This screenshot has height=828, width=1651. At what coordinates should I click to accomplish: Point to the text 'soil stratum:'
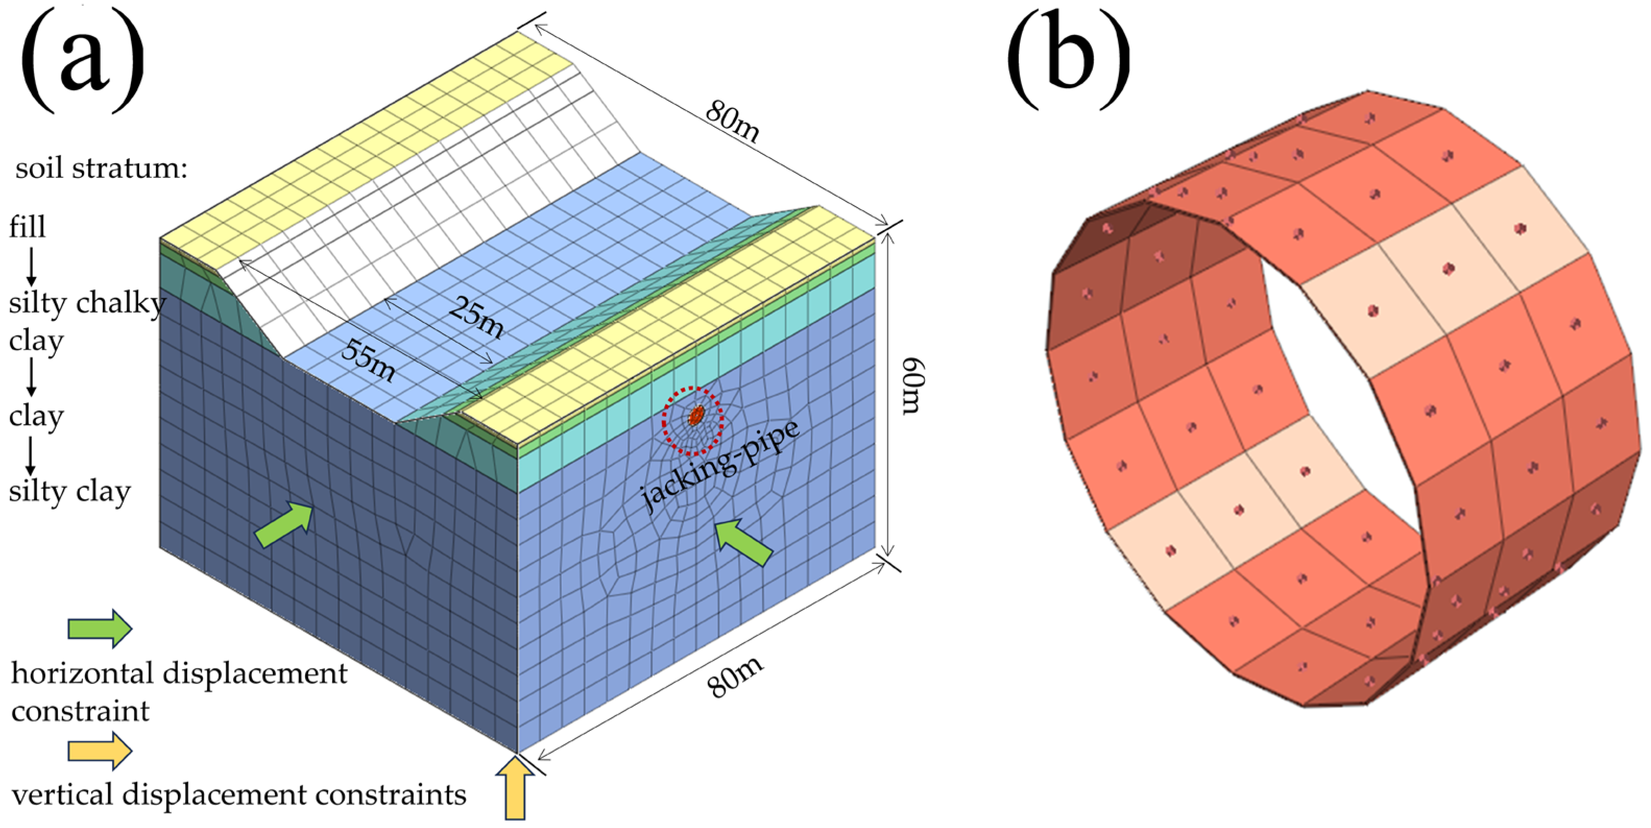(101, 169)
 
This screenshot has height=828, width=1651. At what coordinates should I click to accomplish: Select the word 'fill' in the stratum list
(28, 227)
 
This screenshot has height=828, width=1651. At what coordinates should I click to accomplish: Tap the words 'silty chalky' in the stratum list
(87, 303)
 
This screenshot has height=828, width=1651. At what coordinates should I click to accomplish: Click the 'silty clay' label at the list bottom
(69, 491)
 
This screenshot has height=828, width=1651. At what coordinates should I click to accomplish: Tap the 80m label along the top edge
(732, 122)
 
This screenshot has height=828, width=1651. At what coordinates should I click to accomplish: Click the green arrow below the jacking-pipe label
(743, 542)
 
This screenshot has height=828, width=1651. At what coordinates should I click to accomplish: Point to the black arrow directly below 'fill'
(30, 266)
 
